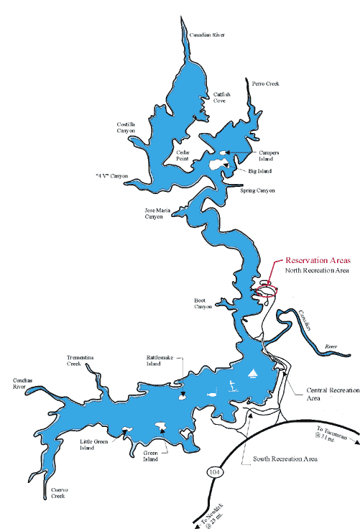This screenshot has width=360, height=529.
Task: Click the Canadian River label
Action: pyautogui.click(x=206, y=34)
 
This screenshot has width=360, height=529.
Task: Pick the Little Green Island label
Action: pyautogui.click(x=93, y=444)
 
